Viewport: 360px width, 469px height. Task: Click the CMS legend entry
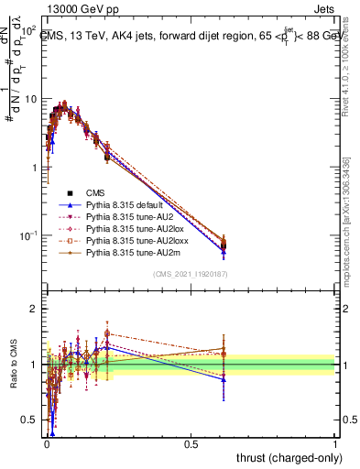pos(96,192)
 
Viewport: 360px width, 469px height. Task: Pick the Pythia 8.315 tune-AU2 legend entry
pos(125,221)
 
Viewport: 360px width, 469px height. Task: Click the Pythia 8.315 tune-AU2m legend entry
pos(127,262)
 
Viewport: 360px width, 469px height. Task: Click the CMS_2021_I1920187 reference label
pos(191,275)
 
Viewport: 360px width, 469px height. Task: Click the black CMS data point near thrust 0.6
pos(224,244)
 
